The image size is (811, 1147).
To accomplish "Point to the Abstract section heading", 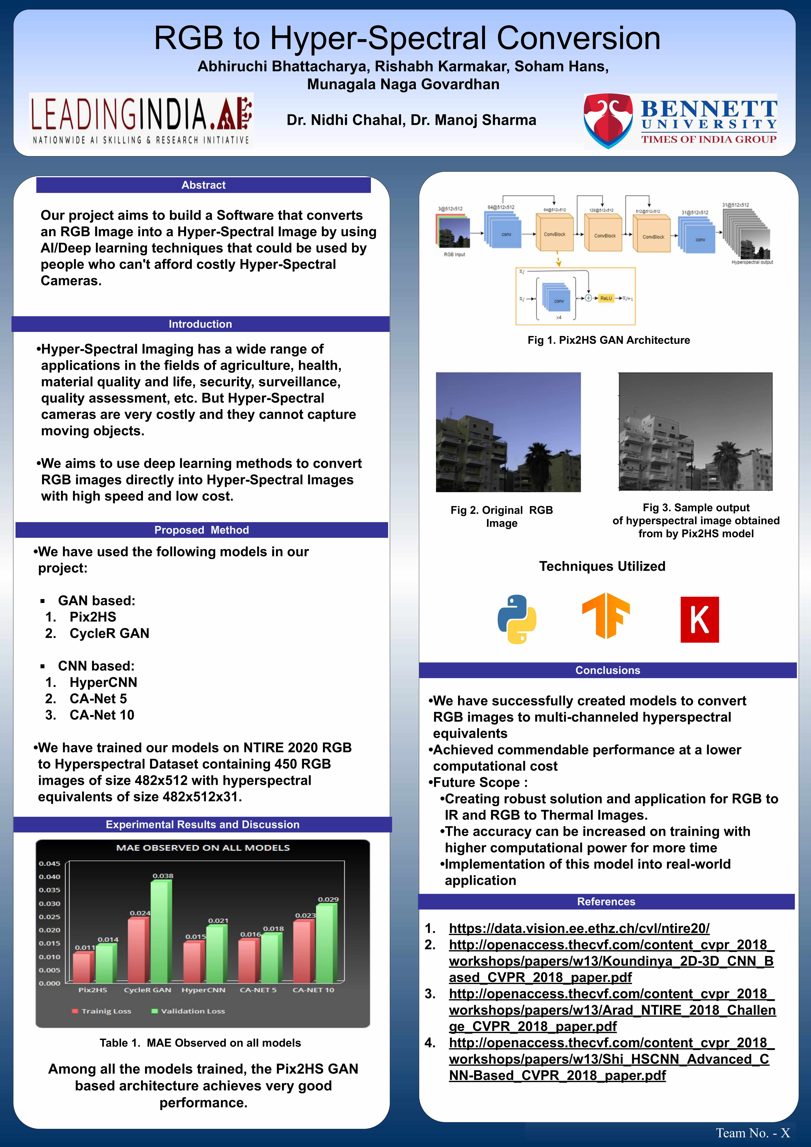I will click(x=203, y=185).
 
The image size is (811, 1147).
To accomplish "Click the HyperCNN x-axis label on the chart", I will click(x=203, y=990).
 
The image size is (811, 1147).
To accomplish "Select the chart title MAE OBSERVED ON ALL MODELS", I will click(x=203, y=848).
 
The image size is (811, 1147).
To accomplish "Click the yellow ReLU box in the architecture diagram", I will click(x=606, y=298).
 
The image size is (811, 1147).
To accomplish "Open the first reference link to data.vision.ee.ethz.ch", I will click(x=579, y=928).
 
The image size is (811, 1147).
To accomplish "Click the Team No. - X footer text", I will click(x=753, y=1133).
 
